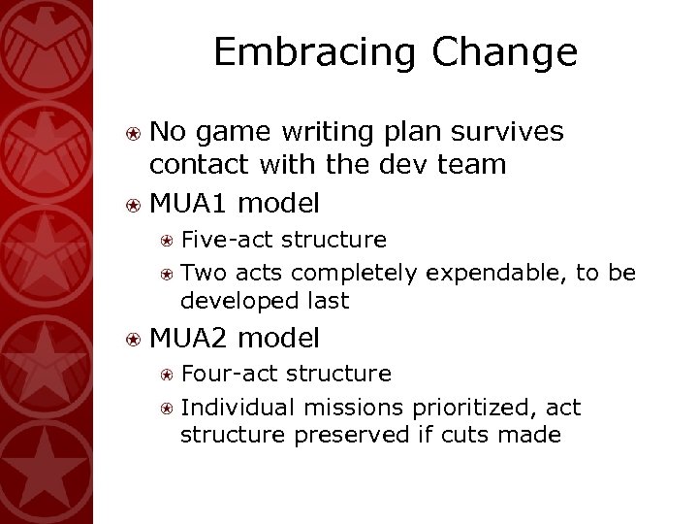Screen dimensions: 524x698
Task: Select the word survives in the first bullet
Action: pyautogui.click(x=506, y=131)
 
